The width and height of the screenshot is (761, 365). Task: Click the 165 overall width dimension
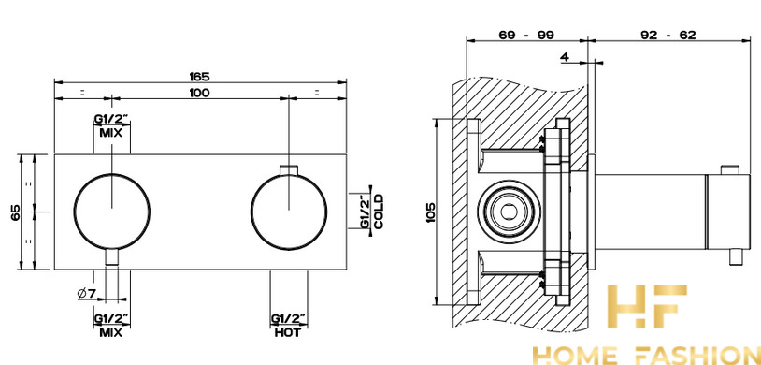tap(199, 77)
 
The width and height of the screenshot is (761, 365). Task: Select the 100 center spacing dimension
tap(199, 93)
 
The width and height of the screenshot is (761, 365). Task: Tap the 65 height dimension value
tap(16, 212)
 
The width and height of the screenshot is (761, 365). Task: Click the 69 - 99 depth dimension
tap(526, 35)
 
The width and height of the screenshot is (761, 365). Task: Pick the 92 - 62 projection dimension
tap(668, 35)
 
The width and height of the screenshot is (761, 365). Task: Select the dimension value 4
tap(564, 57)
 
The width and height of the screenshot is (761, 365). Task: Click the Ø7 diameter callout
tap(87, 293)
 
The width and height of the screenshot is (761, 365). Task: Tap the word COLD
tap(379, 212)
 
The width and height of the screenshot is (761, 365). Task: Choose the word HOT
tap(288, 333)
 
